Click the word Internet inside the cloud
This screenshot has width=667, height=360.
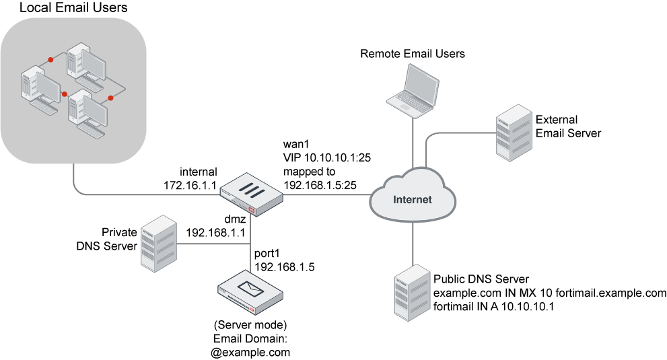click(x=412, y=199)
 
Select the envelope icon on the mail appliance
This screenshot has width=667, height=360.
click(x=249, y=289)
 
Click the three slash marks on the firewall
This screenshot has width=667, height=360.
click(x=250, y=190)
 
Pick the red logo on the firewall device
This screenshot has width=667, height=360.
click(x=252, y=211)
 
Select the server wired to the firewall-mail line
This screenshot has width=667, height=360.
click(x=158, y=243)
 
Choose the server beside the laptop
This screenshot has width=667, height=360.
click(x=514, y=132)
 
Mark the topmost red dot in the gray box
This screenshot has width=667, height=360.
click(x=50, y=60)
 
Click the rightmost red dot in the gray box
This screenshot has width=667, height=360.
click(x=110, y=98)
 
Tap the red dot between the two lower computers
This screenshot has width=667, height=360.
click(x=65, y=94)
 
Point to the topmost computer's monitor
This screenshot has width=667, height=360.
click(x=94, y=66)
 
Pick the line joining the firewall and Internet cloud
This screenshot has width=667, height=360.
click(x=326, y=195)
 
